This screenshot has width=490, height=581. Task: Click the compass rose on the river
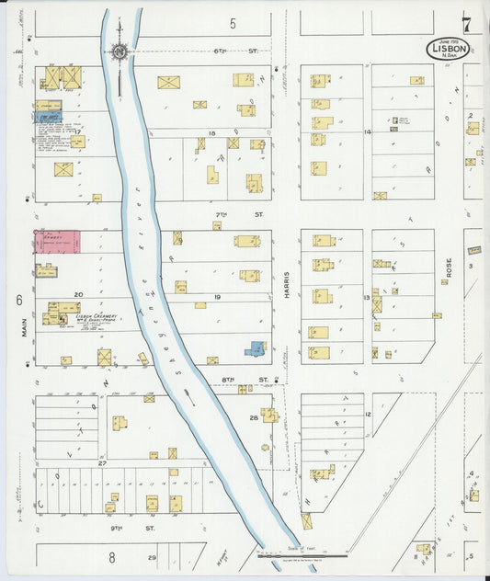click(x=120, y=52)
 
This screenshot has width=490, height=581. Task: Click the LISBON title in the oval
click(x=450, y=50)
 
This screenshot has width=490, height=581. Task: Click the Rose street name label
click(x=450, y=268)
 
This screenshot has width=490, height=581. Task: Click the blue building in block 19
click(x=255, y=348)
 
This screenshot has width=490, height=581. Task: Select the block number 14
click(x=366, y=132)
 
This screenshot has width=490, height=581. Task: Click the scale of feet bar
click(x=302, y=555)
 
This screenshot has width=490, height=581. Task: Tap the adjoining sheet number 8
click(x=111, y=557)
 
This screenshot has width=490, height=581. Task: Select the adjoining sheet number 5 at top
click(x=233, y=23)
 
